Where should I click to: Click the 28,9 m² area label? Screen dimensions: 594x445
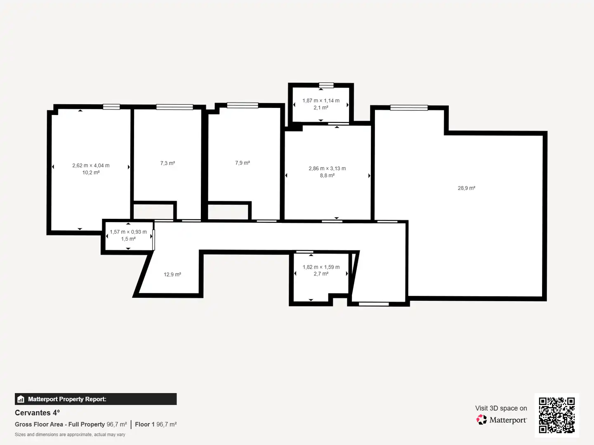pyautogui.click(x=466, y=188)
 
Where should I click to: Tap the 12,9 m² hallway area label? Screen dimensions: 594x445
pyautogui.click(x=172, y=274)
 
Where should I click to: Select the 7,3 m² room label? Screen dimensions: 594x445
pyautogui.click(x=167, y=163)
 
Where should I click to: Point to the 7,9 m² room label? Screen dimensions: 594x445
pyautogui.click(x=243, y=163)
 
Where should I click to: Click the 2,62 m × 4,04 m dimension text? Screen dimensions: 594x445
pyautogui.click(x=91, y=165)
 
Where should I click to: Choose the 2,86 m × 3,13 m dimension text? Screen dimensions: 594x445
pyautogui.click(x=327, y=169)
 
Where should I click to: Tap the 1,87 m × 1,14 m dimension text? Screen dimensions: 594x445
pyautogui.click(x=321, y=101)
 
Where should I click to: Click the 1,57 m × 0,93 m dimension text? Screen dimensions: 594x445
pyautogui.click(x=128, y=232)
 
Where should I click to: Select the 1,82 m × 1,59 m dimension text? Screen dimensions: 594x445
pyautogui.click(x=321, y=267)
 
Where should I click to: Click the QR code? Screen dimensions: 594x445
pyautogui.click(x=556, y=415)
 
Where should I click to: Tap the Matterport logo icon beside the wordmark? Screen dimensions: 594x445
pyautogui.click(x=481, y=419)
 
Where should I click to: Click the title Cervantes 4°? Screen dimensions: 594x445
pyautogui.click(x=38, y=412)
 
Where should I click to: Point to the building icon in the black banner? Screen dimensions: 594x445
pyautogui.click(x=21, y=399)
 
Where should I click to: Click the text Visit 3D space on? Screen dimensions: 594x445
pyautogui.click(x=501, y=408)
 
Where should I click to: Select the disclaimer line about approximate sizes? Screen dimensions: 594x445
pyautogui.click(x=70, y=434)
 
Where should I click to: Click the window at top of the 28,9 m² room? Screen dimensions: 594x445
pyautogui.click(x=409, y=108)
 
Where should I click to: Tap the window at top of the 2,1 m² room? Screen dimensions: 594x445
pyautogui.click(x=326, y=85)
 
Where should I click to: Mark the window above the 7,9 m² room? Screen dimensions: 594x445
pyautogui.click(x=243, y=105)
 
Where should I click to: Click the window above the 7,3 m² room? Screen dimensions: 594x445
pyautogui.click(x=174, y=107)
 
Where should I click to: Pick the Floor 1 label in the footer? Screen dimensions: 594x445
pyautogui.click(x=145, y=424)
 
